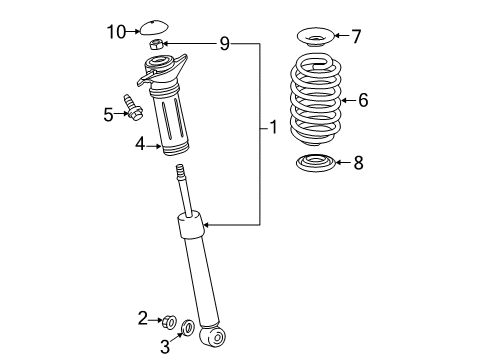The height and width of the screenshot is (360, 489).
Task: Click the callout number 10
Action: click(x=116, y=31)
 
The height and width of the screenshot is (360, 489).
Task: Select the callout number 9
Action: click(x=225, y=44)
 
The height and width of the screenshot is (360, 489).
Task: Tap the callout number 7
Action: click(x=355, y=37)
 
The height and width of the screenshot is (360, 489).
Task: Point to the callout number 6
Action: click(x=363, y=99)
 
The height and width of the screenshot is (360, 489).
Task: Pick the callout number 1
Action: click(x=272, y=128)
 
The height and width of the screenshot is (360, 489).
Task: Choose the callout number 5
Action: click(x=108, y=115)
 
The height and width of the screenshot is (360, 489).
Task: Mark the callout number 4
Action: click(x=142, y=145)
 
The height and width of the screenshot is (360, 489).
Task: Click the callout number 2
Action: click(x=143, y=318)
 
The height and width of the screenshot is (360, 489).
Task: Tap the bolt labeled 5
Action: click(x=133, y=106)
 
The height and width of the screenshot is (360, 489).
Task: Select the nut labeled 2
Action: click(x=168, y=320)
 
